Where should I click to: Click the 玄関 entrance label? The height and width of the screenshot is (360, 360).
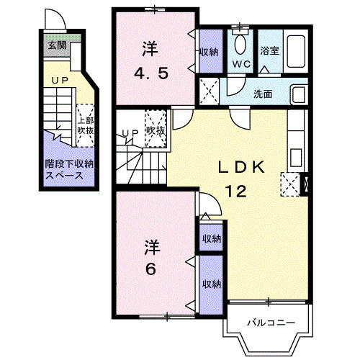[55, 45]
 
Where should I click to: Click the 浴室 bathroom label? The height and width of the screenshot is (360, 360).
[270, 50]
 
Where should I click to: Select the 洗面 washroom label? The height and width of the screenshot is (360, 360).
[263, 94]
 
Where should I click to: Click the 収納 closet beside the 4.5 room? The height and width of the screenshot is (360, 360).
[210, 51]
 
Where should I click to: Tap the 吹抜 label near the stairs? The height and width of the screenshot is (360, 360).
[156, 131]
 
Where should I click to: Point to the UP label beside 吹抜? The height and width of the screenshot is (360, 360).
[130, 132]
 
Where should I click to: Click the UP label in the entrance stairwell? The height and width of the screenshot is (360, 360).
[59, 79]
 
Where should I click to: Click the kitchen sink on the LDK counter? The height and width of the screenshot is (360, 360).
[295, 155]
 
